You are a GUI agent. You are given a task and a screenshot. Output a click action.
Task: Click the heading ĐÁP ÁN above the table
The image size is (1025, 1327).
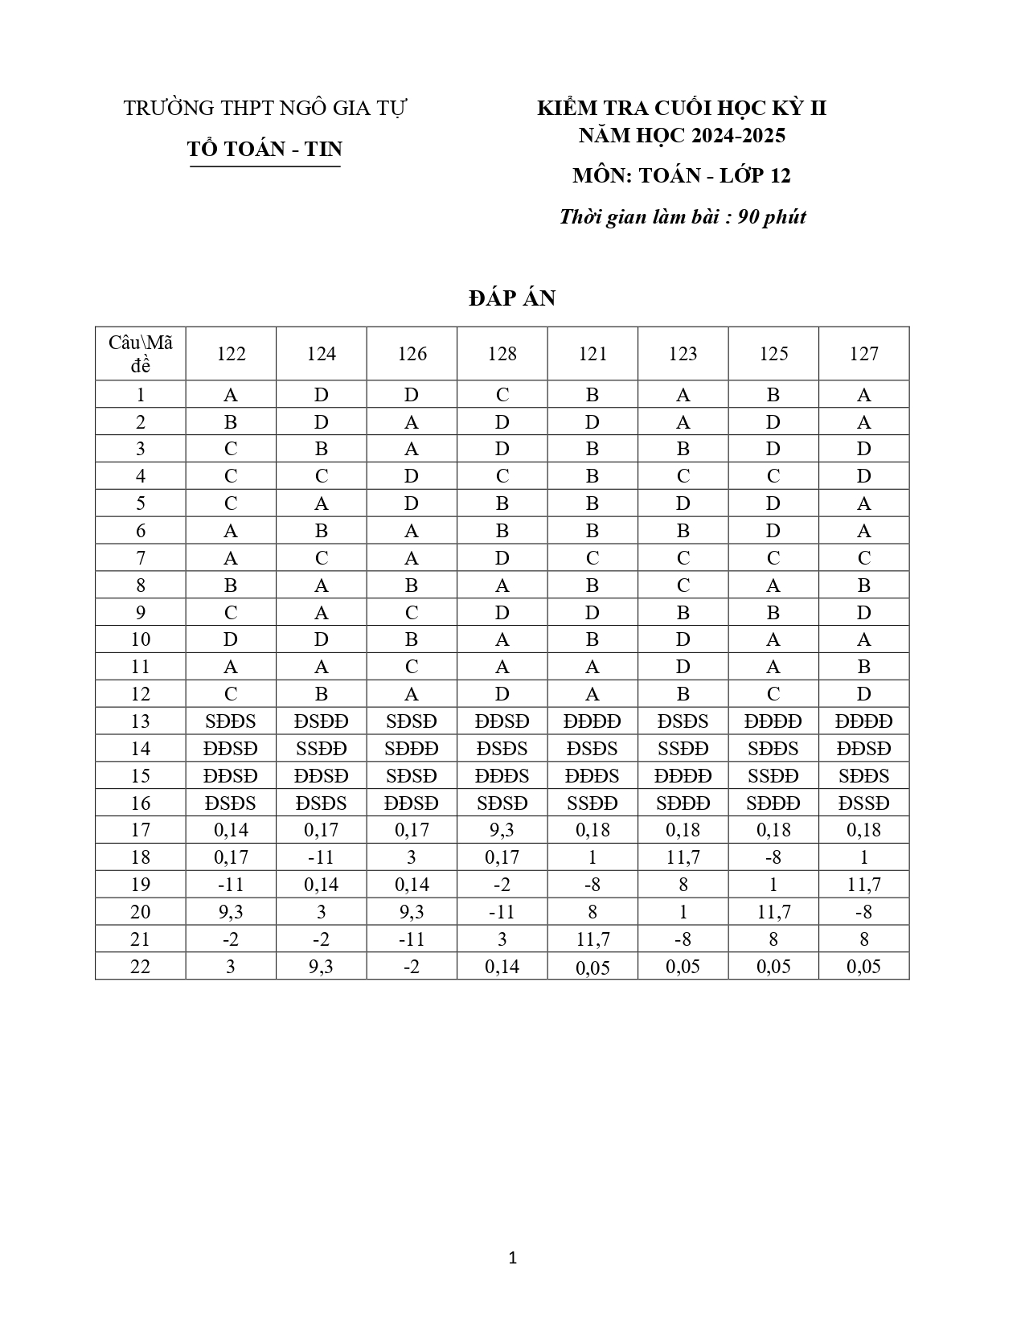pos(512,298)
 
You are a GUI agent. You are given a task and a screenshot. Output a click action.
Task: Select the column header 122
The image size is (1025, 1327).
pos(231,354)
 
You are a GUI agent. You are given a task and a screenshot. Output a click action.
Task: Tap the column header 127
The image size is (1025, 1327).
pos(864,354)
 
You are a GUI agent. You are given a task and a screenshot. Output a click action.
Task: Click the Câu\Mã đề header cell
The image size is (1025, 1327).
pos(141,354)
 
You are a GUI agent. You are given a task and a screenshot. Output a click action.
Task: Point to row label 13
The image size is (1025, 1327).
pos(141,721)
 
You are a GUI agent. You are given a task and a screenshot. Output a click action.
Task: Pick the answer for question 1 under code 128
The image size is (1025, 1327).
pos(502,395)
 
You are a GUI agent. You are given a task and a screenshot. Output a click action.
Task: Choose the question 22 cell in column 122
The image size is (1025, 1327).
pos(231,967)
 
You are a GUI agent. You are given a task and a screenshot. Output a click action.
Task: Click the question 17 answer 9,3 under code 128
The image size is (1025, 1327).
pos(502,830)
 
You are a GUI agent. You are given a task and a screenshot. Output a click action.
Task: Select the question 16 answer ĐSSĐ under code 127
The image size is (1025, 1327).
pos(864,803)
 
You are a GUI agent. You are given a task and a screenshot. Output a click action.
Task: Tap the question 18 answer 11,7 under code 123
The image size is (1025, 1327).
pos(683,857)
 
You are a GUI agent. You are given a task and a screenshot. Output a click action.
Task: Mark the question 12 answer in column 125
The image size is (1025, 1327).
pos(773,694)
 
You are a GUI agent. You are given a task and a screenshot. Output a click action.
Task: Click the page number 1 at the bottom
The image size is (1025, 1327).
pos(512,1258)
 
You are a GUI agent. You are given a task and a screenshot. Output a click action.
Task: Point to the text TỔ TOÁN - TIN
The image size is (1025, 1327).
pos(264,149)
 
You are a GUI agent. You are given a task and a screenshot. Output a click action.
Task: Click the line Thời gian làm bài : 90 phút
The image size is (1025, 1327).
pos(683,217)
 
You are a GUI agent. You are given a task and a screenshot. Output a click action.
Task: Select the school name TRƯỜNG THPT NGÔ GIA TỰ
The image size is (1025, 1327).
pos(265,109)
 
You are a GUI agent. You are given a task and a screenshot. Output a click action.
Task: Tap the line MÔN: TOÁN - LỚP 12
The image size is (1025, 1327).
pos(682,176)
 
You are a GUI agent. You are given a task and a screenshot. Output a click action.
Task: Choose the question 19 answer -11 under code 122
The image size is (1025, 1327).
pos(231,885)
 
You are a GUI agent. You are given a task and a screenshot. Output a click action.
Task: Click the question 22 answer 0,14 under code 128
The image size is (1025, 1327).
pos(502,967)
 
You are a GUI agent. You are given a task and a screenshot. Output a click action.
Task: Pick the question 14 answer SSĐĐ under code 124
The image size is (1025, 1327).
pos(322,749)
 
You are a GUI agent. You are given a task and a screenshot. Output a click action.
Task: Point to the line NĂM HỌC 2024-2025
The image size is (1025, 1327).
pos(682,135)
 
